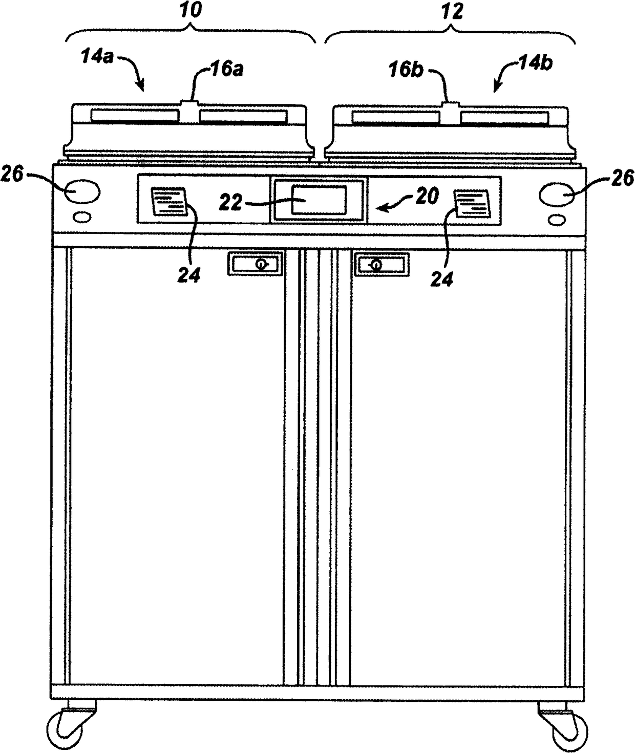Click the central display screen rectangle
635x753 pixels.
[x=319, y=200]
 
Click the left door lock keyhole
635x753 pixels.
[x=261, y=264]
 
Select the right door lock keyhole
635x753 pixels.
[x=376, y=265]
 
